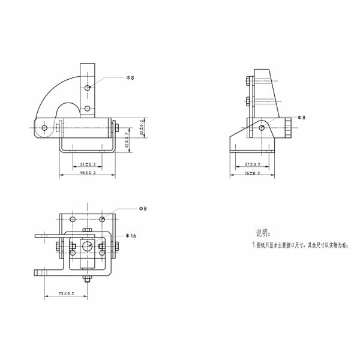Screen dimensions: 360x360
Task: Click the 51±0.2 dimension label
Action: [88, 164]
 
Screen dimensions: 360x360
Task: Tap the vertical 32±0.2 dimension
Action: [142, 129]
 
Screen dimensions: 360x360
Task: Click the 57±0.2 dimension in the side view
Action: [253, 164]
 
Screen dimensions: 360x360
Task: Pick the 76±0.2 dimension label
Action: [253, 173]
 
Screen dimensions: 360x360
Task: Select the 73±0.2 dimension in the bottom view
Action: [66, 293]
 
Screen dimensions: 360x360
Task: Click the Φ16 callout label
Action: [131, 236]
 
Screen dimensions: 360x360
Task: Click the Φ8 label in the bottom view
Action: [142, 208]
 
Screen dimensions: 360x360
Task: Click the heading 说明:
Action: [263, 233]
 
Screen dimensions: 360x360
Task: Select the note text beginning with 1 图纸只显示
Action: [299, 245]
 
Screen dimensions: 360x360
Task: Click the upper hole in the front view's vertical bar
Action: [88, 89]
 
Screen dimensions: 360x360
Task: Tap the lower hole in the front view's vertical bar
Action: [88, 108]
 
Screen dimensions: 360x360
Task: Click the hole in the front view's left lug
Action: [44, 127]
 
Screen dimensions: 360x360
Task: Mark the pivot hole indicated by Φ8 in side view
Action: [262, 127]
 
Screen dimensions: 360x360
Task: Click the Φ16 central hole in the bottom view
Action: [87, 246]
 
